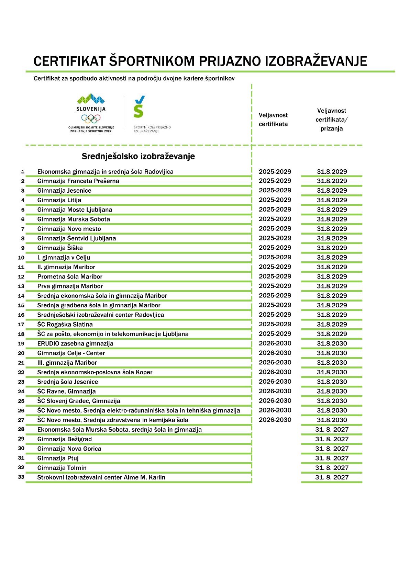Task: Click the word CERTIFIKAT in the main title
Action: pyautogui.click(x=69, y=61)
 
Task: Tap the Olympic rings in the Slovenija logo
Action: pyautogui.click(x=91, y=118)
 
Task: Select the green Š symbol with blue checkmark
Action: pyautogui.click(x=139, y=107)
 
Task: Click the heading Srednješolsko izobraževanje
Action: pyautogui.click(x=138, y=157)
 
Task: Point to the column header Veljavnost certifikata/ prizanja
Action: pyautogui.click(x=332, y=120)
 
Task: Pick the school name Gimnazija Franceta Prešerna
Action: pyautogui.click(x=78, y=181)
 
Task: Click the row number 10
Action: pyautogui.click(x=21, y=258)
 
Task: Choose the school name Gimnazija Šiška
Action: pyautogui.click(x=60, y=248)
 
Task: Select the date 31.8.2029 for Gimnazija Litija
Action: pyautogui.click(x=332, y=200)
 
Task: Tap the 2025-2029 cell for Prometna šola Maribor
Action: pyautogui.click(x=275, y=276)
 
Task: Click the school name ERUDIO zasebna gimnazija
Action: pyautogui.click(x=75, y=343)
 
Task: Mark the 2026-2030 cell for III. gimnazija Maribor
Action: pyautogui.click(x=275, y=362)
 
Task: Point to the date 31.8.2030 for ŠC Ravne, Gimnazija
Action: pyautogui.click(x=332, y=391)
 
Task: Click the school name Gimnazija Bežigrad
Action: pyautogui.click(x=65, y=439)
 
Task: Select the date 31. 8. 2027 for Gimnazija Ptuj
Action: pyautogui.click(x=332, y=458)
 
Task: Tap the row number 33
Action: pyautogui.click(x=21, y=477)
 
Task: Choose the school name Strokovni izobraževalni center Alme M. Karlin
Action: pyautogui.click(x=101, y=477)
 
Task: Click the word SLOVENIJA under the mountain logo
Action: pyautogui.click(x=91, y=109)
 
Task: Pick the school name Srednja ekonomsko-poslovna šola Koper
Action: pyautogui.click(x=95, y=372)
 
